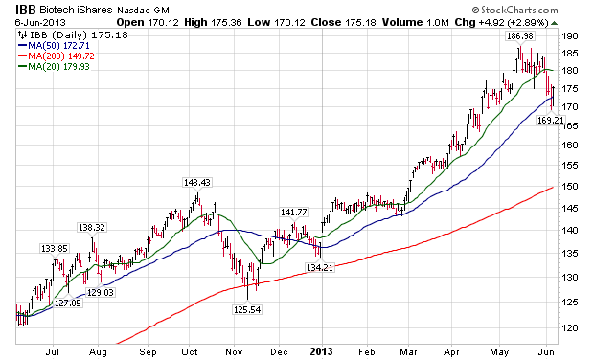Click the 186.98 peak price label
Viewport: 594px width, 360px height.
pos(519,36)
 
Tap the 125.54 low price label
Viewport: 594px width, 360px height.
pos(247,309)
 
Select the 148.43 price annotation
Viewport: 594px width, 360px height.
pos(196,183)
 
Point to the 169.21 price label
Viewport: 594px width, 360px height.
pos(551,121)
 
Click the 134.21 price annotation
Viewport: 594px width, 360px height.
pos(320,268)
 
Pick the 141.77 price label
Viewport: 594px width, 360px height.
pos(293,212)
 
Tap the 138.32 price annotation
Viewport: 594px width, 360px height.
pos(92,228)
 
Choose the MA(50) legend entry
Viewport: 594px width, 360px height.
pos(55,46)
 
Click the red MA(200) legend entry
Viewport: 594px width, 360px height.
pos(57,56)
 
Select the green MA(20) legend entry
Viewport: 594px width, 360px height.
pos(55,67)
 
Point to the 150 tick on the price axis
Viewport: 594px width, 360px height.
pos(571,187)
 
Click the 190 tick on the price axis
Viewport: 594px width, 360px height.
pos(571,36)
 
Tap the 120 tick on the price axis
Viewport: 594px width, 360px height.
pos(571,327)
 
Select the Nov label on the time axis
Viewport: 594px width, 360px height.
pos(234,352)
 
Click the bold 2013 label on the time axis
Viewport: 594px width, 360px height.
pos(321,351)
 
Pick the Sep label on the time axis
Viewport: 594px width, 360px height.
pos(148,352)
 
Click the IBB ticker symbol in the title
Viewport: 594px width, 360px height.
pos(25,10)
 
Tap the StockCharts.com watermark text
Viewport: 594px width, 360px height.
pos(514,10)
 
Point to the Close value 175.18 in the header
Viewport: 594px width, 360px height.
pos(360,23)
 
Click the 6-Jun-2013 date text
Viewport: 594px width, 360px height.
pos(40,22)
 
